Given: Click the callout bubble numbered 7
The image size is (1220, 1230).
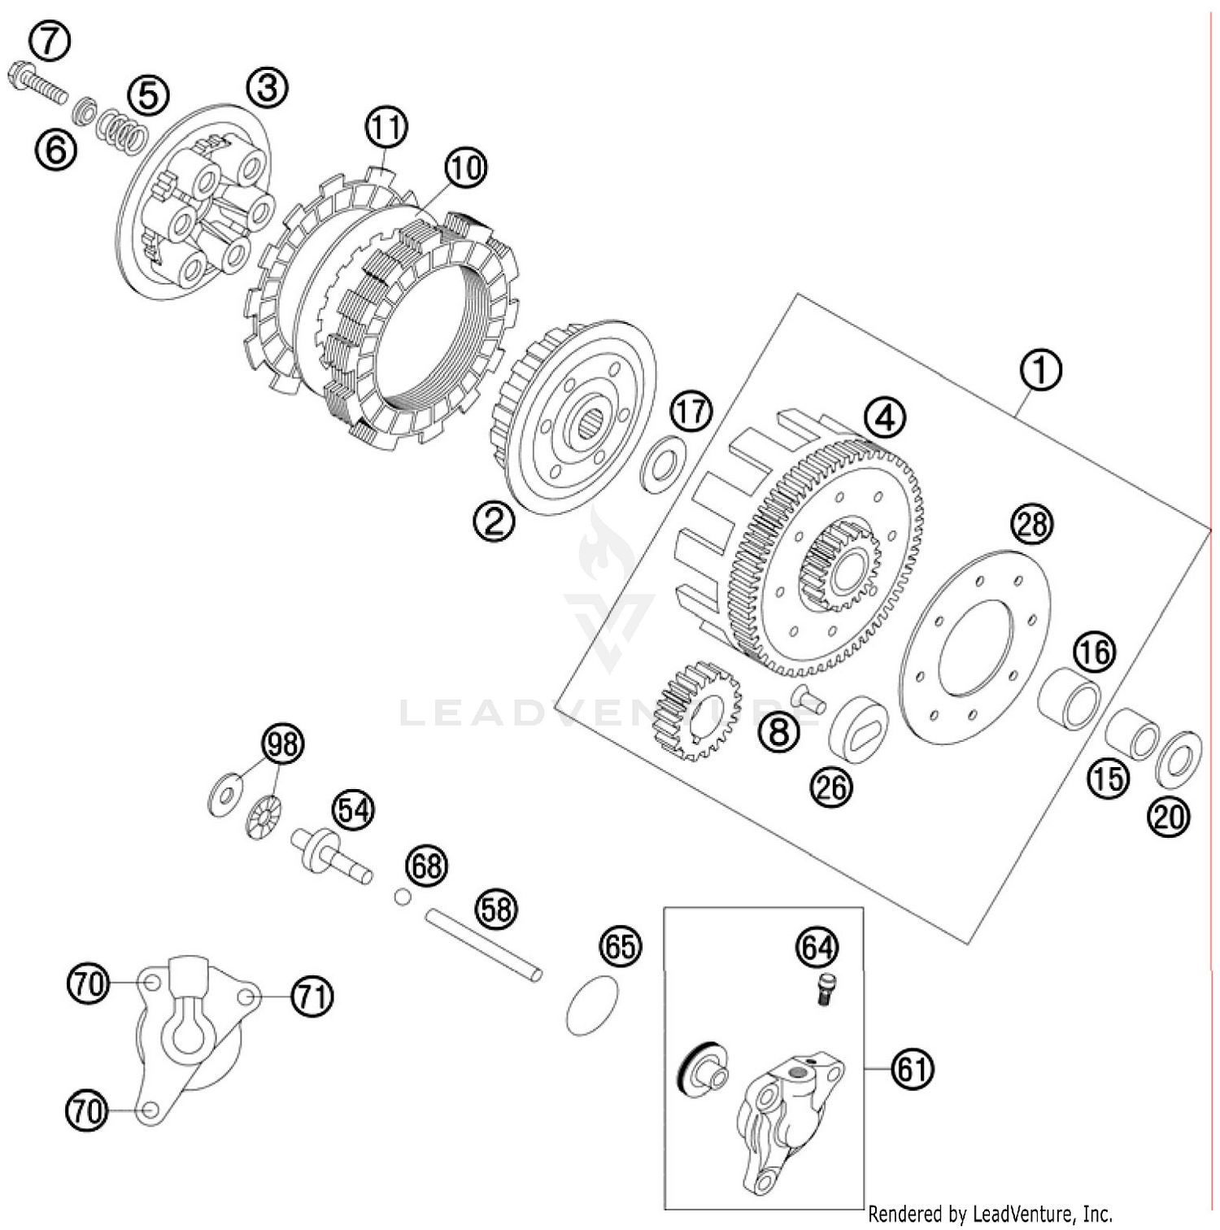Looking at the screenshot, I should coord(50,41).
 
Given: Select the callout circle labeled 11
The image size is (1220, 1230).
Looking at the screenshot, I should coord(386,127).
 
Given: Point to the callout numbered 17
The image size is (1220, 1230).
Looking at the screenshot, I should coord(691,412).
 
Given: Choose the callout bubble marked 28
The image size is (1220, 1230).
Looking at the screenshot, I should coord(1031,524).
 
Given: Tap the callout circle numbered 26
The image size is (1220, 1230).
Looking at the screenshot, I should coord(831,787).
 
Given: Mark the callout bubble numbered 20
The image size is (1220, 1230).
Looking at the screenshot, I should coord(1169,816).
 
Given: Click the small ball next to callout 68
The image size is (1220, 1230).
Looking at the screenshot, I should coord(401,896).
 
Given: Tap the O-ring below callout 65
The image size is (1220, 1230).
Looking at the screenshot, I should coord(592,1005).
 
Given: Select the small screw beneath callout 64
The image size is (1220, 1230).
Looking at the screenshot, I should coord(826,990).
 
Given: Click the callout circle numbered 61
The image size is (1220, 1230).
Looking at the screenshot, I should coord(912,1068).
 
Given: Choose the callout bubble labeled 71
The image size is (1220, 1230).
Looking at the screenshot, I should coord(312,996).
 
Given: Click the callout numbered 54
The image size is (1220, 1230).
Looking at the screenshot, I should coord(353,810).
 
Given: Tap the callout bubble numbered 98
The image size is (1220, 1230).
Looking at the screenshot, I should coord(282,744).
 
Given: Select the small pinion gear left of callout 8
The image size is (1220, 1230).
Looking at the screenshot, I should coord(696,709).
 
